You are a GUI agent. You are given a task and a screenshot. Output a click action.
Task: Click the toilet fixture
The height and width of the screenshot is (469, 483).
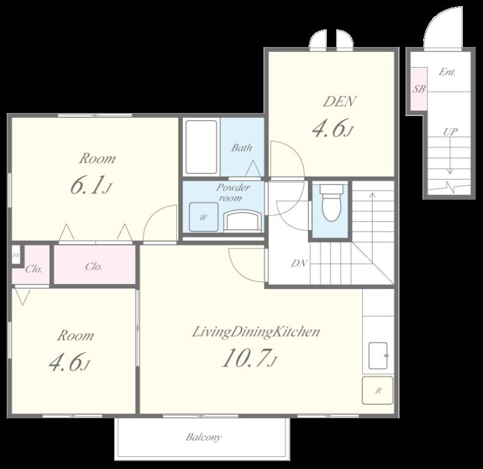click(x=331, y=202)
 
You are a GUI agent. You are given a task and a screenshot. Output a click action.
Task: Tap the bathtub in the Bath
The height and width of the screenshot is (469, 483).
click(x=201, y=147)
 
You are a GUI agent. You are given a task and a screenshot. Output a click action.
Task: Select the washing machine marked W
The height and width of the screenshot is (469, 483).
click(x=204, y=217)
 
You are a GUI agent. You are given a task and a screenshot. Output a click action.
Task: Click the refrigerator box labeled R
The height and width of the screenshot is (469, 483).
click(x=377, y=390)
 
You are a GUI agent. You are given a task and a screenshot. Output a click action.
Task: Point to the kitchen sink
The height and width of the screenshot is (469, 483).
click(x=378, y=355)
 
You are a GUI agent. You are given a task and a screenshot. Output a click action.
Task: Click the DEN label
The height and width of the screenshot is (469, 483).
click(x=340, y=101)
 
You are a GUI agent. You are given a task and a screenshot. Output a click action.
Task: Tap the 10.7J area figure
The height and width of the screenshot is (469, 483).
click(x=249, y=358)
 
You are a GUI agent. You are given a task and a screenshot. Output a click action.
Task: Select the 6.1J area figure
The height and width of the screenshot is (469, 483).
click(x=90, y=185)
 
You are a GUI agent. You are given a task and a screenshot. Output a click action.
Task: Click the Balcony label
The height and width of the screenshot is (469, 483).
click(x=203, y=437)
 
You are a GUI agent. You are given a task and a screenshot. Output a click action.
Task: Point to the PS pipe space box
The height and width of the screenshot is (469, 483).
click(x=16, y=255)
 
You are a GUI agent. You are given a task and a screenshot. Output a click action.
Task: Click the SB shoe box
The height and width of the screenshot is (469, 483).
click(x=419, y=89)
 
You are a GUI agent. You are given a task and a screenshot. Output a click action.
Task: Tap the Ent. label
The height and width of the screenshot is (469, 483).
click(x=447, y=72)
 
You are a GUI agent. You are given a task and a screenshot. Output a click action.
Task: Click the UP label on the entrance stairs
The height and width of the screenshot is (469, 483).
click(x=450, y=132)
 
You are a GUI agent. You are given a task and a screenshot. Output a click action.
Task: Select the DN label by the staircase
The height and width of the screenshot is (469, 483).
click(x=299, y=263)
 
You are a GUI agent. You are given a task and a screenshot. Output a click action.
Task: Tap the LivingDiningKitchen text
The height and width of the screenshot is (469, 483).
click(x=256, y=332)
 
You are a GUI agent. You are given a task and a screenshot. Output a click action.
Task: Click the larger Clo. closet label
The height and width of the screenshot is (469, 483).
click(x=94, y=266)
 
